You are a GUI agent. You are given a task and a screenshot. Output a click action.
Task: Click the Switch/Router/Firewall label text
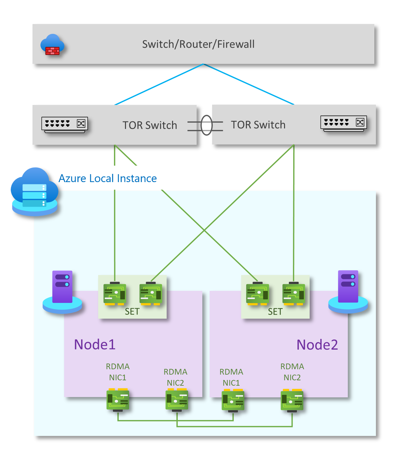[198, 44]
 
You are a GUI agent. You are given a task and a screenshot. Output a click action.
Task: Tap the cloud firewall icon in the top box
[52, 45]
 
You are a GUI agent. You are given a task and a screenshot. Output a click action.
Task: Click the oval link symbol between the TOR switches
[206, 125]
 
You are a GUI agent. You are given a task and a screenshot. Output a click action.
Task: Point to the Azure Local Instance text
[108, 179]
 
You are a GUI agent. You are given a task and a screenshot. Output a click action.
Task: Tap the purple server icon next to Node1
[62, 291]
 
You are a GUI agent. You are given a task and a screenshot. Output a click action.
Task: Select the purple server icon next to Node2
[348, 291]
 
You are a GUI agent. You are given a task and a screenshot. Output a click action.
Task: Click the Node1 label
[95, 344]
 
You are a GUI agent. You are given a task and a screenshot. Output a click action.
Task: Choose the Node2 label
[317, 345]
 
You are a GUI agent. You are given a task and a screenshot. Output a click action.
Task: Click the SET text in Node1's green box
[132, 312]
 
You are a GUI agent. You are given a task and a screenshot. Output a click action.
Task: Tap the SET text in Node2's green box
[275, 312]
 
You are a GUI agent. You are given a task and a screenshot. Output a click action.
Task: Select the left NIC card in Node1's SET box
[115, 294]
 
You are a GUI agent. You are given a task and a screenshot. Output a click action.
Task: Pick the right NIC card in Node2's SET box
[294, 294]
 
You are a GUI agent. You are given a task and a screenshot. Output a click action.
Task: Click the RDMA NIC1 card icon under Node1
[118, 400]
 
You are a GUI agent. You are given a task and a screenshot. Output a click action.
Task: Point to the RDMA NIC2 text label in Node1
[175, 377]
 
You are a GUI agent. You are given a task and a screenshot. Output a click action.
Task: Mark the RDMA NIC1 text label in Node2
[231, 377]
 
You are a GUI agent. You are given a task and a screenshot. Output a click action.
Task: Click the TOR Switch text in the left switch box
[150, 125]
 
